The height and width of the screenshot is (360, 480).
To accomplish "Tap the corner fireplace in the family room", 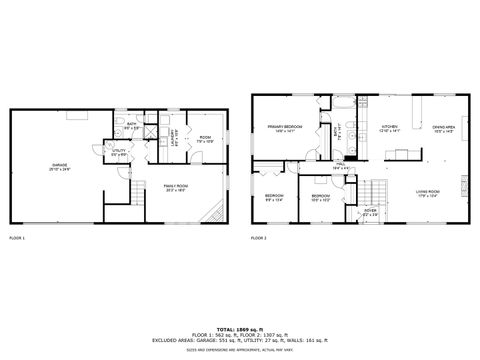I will pyautogui.click(x=212, y=213).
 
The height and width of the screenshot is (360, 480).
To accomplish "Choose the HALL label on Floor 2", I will pyautogui.click(x=339, y=166).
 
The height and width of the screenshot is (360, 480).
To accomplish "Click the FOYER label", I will pyautogui.click(x=370, y=211).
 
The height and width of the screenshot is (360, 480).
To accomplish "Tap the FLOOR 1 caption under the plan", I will pyautogui.click(x=18, y=238).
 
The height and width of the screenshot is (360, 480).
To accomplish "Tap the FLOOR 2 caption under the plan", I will pyautogui.click(x=259, y=238).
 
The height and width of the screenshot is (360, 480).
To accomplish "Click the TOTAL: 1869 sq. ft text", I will pyautogui.click(x=240, y=327).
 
